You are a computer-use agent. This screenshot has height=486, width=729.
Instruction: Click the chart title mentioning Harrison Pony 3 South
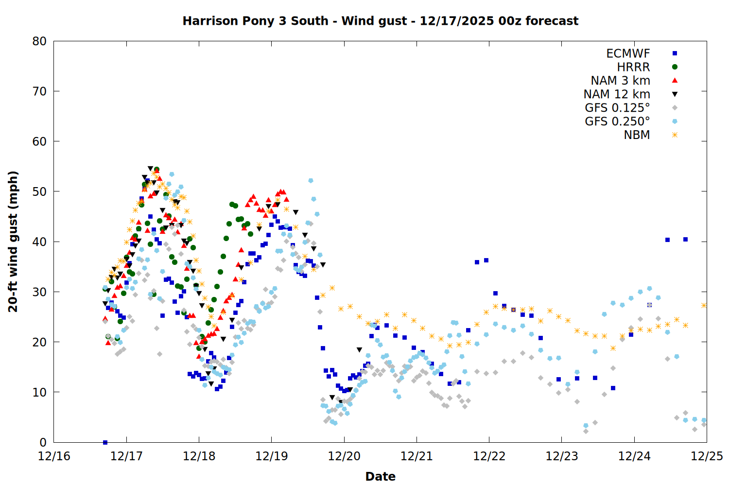[x=380, y=21]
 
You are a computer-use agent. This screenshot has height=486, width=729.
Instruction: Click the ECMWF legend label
[x=628, y=53]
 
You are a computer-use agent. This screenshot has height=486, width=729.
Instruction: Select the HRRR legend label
[x=633, y=67]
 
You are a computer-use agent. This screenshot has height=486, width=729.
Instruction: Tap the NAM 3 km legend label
[x=620, y=81]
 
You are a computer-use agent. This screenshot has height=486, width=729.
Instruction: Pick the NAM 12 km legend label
[x=617, y=94]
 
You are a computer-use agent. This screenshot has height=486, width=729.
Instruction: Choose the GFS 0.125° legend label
[x=617, y=108]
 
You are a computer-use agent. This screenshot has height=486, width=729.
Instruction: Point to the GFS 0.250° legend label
[x=617, y=121]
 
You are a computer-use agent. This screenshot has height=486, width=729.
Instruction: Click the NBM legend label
[x=637, y=135]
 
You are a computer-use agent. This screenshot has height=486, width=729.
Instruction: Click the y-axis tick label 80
[x=39, y=41]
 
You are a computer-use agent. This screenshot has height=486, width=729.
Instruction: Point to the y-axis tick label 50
[x=39, y=191]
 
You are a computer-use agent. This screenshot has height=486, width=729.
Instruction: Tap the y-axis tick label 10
[x=39, y=392]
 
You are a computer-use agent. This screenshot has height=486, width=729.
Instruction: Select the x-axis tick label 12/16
[x=54, y=456]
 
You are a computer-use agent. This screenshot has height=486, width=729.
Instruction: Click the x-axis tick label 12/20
[x=344, y=456]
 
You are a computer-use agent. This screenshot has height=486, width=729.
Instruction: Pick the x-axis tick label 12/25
[x=707, y=456]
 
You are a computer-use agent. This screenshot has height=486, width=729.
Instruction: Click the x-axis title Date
[x=380, y=476]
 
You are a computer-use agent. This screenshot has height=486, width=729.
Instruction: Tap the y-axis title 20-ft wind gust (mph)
[x=13, y=242]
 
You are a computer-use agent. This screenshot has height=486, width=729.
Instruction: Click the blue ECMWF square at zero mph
[x=105, y=442]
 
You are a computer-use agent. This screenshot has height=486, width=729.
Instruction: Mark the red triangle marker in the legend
[x=675, y=81]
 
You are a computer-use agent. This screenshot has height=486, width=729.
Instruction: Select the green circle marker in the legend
[x=675, y=67]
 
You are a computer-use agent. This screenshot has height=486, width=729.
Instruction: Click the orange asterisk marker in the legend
[x=675, y=135]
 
